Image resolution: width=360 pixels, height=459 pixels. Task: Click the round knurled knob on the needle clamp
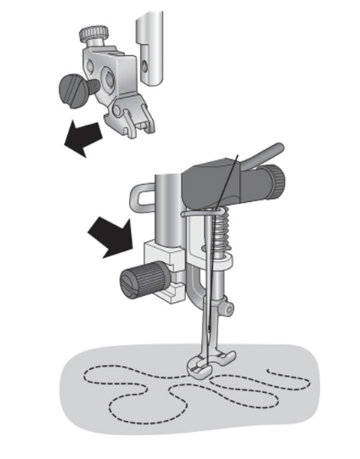point(273,180)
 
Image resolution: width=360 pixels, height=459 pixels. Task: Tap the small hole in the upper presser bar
point(149,63)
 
